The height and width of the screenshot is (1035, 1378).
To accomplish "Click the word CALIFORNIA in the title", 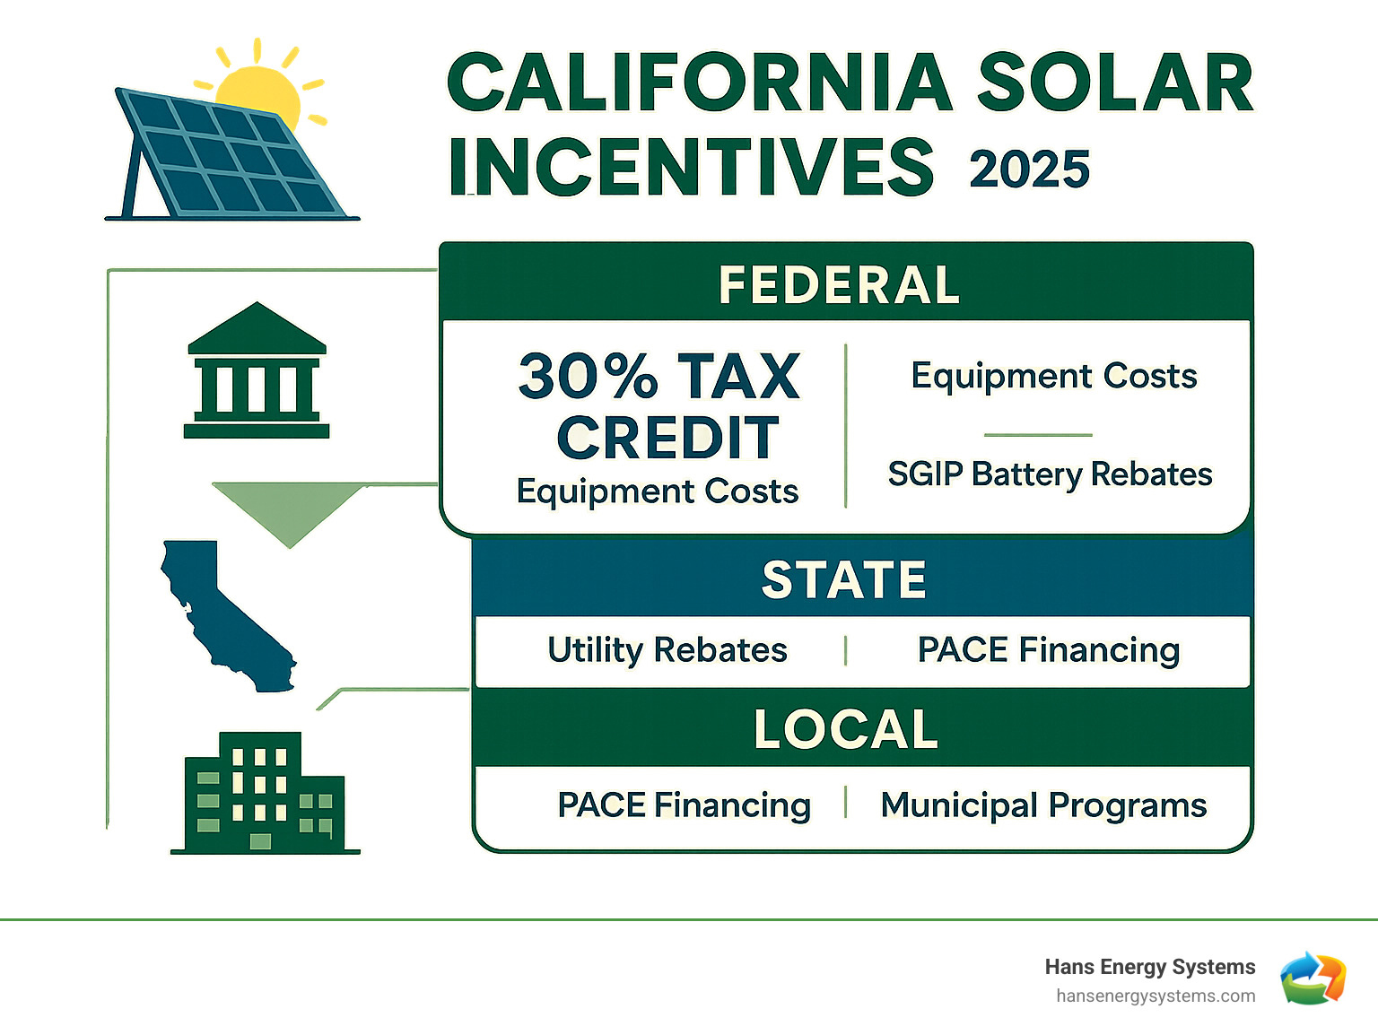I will (x=700, y=83).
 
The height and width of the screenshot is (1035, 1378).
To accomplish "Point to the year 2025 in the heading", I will (x=1029, y=170).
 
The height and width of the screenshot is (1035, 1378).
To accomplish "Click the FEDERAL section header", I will (x=840, y=285).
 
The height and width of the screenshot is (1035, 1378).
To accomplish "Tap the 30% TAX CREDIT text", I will (x=659, y=405).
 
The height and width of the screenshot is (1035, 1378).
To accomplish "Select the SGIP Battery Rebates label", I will (x=1050, y=474).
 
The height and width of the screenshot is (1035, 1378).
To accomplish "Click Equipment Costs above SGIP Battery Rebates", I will (x=1053, y=376).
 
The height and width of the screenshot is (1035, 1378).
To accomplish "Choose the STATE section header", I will (x=843, y=579).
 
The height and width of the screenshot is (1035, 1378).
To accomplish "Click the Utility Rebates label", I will (x=667, y=649).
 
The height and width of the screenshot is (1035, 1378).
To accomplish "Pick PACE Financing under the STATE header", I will (x=1048, y=649).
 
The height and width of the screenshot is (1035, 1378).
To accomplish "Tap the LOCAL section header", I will (x=845, y=729).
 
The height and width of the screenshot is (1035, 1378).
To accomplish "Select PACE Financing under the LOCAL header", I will (x=684, y=805).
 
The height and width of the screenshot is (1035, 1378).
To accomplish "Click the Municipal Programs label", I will (x=1043, y=805).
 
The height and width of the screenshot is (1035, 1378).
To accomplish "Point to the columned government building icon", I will (x=257, y=372).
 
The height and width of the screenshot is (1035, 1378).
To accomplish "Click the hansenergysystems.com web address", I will (x=1156, y=996).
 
